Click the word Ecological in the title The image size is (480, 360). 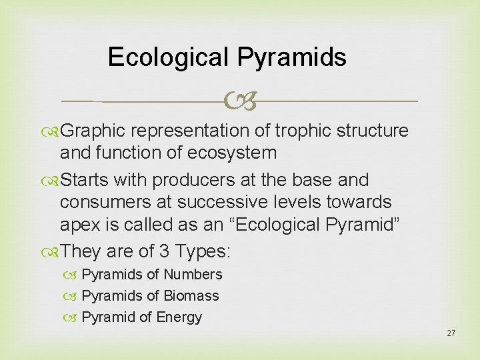pos(169,57)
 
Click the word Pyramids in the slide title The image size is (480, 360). pos(291,57)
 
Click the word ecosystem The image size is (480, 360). pos(231,153)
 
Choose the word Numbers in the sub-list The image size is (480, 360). pos(193,275)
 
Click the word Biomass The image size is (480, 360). pos(191,296)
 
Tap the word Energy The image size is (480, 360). pos(179,317)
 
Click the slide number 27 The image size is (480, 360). pos(451,333)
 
